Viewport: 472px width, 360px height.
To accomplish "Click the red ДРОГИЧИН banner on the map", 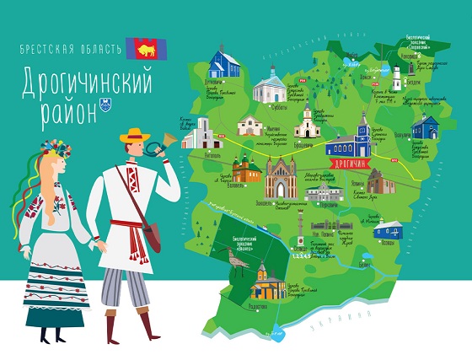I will [x=346, y=162].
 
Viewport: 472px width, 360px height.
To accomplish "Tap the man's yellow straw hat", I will [x=135, y=136].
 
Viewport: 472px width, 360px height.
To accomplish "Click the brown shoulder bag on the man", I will [x=151, y=237].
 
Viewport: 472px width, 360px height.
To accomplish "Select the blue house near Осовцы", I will [x=389, y=229].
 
